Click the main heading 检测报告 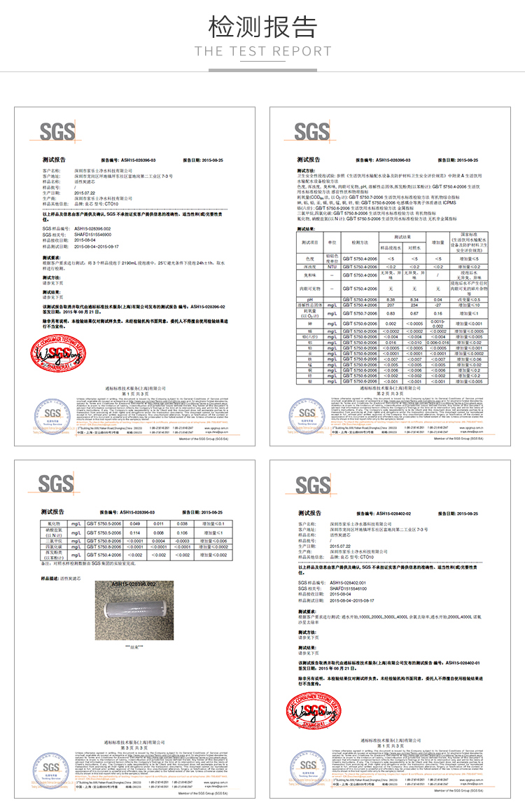[x=262, y=27]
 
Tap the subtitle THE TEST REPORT [x=262, y=51]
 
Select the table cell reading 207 [x=392, y=305]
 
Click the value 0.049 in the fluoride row [x=136, y=523]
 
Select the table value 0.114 [x=136, y=532]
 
